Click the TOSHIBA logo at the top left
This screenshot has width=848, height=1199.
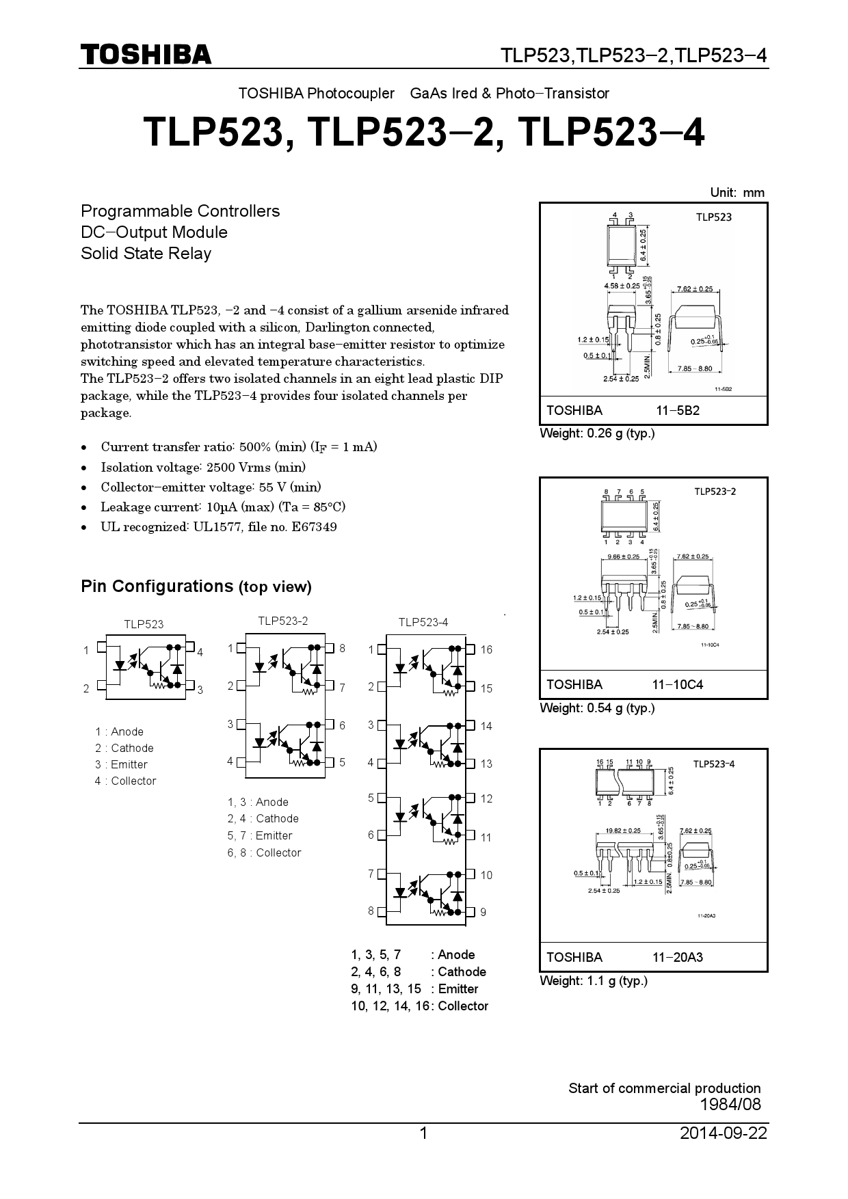(146, 55)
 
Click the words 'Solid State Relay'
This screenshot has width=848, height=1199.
(146, 254)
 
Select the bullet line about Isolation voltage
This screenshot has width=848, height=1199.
(203, 468)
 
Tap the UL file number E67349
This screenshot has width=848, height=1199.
(314, 527)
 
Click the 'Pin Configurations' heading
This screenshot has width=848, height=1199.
(157, 587)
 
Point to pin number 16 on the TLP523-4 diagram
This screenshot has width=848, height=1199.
(486, 649)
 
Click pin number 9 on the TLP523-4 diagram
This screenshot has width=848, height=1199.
(483, 912)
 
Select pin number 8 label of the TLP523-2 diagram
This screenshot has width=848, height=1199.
(342, 648)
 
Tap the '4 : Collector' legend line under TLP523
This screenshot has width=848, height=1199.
(126, 781)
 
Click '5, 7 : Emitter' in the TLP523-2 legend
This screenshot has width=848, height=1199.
(260, 835)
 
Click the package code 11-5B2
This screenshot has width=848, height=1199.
(677, 411)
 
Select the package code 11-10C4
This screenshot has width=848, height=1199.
(677, 685)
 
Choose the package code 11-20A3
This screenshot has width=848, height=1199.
(677, 958)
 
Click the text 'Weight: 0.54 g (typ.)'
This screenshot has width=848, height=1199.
(597, 708)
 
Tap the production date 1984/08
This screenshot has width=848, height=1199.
(730, 1104)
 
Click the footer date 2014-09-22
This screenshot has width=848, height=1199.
(724, 1133)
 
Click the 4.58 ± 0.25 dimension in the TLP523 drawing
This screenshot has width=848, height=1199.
(622, 286)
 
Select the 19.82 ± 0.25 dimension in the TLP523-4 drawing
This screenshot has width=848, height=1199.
(623, 831)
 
